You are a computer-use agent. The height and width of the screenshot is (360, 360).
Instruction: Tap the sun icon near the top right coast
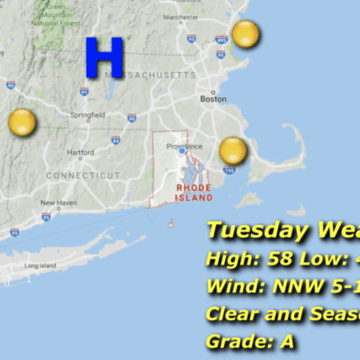[245, 36]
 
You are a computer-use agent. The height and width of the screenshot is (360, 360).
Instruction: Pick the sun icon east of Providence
[233, 150]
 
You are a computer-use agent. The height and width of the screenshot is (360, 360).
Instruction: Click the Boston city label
[213, 99]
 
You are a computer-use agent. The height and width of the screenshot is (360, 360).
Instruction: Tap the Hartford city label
[80, 152]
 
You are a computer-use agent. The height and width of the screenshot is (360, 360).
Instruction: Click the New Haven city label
[58, 203]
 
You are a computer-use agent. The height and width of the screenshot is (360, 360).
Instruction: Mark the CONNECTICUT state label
[83, 175]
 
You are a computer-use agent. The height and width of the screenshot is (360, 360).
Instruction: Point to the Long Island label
[40, 266]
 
